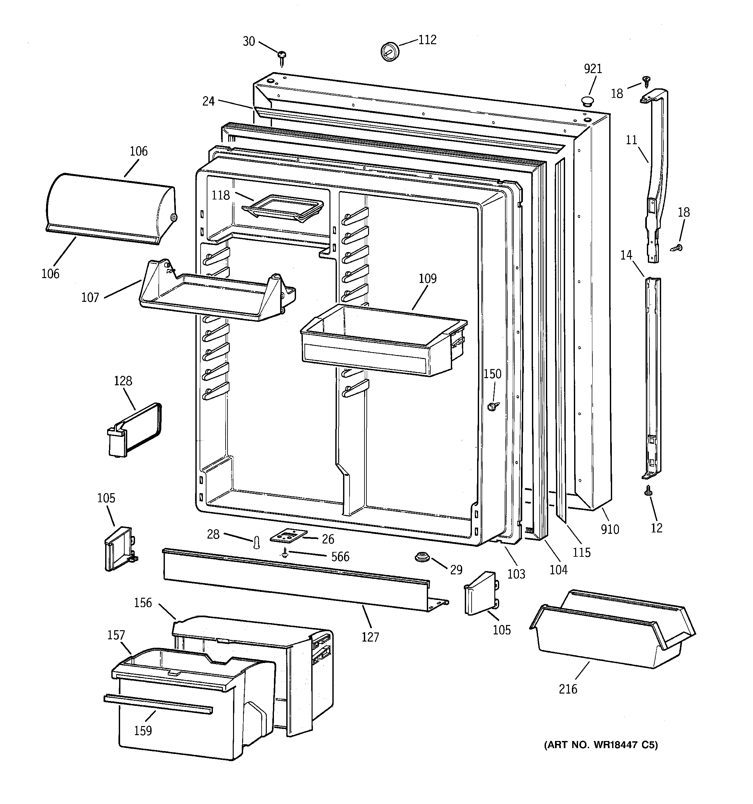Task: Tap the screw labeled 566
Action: (285, 553)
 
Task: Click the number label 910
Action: (610, 529)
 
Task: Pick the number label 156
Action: (143, 603)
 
